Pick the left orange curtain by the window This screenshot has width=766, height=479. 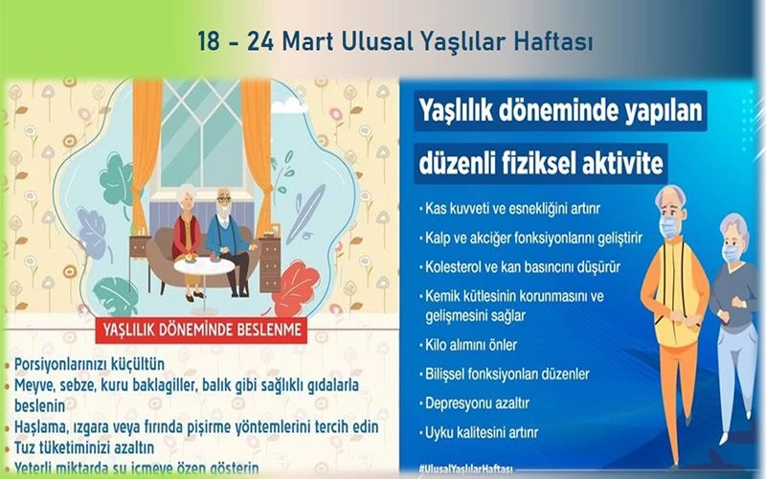[x=147, y=144]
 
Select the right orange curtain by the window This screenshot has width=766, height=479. [x=258, y=144]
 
